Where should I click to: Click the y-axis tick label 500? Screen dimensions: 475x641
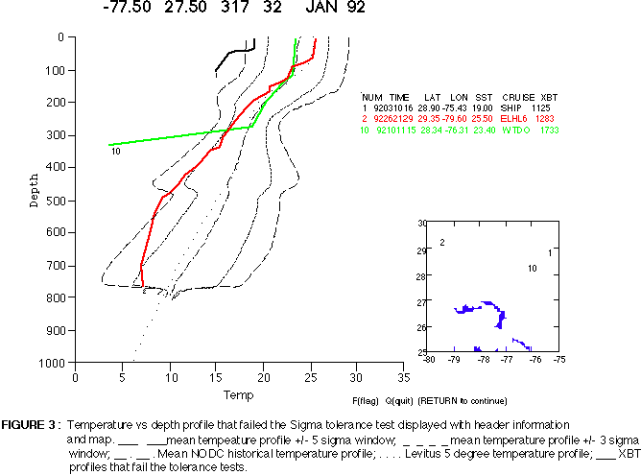point(54,200)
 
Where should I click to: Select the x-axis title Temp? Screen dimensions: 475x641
point(238,394)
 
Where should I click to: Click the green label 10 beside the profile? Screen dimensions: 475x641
point(115,151)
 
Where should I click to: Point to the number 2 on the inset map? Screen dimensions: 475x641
point(441,243)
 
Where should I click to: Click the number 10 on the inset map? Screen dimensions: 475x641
point(532,268)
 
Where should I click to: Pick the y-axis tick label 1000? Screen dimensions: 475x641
point(51,363)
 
